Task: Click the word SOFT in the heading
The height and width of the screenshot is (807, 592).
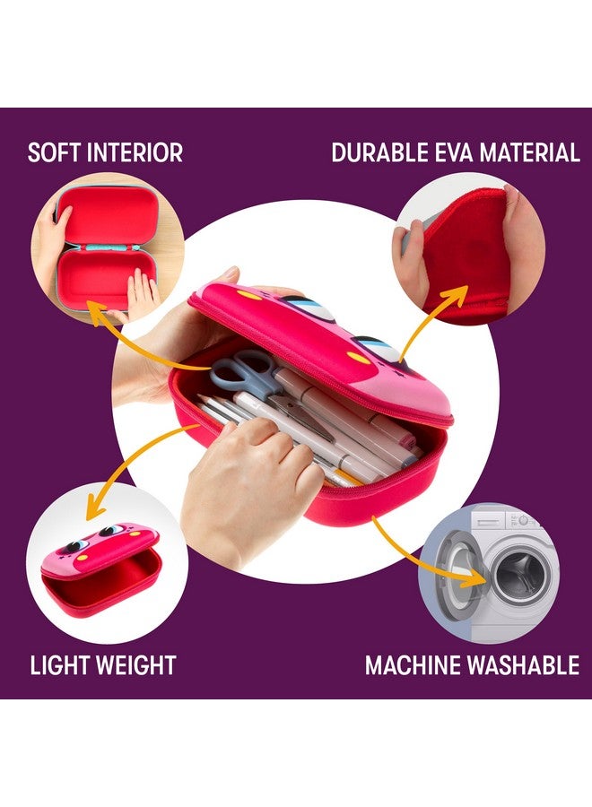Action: pos(55,152)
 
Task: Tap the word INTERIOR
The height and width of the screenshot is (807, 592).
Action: pos(135,152)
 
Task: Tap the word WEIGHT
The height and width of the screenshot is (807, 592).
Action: pos(138,665)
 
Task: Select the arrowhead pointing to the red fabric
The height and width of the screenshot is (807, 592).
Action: pos(454,296)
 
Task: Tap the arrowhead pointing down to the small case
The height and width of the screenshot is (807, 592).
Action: pos(95,510)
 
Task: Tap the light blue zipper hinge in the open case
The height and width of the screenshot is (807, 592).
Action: pos(106,248)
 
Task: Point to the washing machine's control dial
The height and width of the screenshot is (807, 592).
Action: pos(524,520)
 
